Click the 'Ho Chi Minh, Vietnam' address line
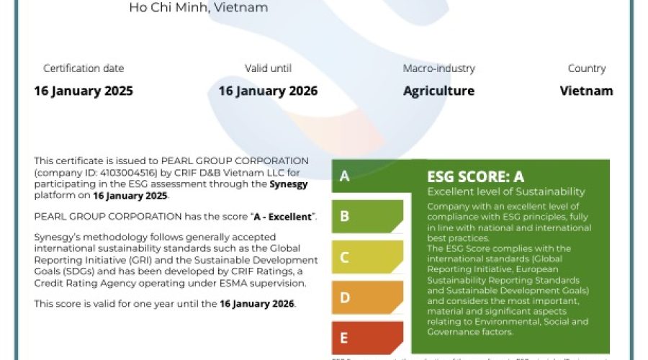coord(198,8)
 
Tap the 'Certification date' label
coord(84,68)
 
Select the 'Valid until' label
coord(268,68)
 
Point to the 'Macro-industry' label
coord(438,68)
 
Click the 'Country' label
coord(586,68)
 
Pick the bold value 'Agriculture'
coord(438,91)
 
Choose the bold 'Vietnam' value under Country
coord(586,91)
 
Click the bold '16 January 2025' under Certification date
coord(84,91)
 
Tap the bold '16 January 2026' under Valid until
coord(268,91)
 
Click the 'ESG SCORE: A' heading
coord(476,176)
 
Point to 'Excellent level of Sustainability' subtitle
coord(505,192)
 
